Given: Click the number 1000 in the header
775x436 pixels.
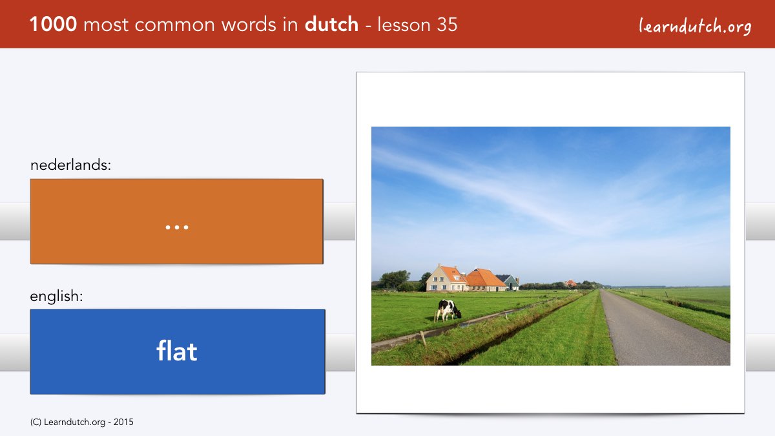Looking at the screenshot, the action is [53, 25].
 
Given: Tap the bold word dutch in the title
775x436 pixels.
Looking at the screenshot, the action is [331, 25].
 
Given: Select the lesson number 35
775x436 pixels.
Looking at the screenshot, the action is [447, 25].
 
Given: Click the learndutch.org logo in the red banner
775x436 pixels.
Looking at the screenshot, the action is [695, 26].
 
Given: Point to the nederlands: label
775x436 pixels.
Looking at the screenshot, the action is [70, 165].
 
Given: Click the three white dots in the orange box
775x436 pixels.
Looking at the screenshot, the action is [177, 227].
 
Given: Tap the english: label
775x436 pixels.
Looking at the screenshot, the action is [56, 296].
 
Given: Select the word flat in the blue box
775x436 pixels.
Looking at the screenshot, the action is [177, 351].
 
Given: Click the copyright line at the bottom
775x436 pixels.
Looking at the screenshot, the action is [81, 422].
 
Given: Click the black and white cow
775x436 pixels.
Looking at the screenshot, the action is [448, 311].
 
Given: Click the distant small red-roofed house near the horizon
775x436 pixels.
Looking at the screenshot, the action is [571, 284].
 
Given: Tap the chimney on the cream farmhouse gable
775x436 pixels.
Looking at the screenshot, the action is [439, 265].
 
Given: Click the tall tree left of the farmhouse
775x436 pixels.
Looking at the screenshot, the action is [395, 279].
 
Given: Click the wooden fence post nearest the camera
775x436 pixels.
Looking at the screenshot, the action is [423, 338].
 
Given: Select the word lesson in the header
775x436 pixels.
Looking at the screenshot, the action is [404, 25].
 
